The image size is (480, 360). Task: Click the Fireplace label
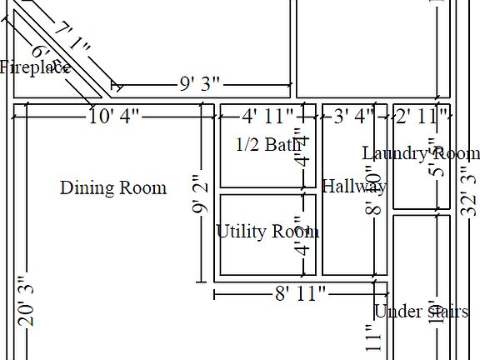pyautogui.click(x=33, y=68)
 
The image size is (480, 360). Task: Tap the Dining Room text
pyautogui.click(x=112, y=188)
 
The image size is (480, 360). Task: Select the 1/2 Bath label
pyautogui.click(x=267, y=145)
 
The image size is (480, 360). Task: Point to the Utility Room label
pyautogui.click(x=267, y=232)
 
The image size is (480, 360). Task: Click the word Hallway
pyautogui.click(x=353, y=186)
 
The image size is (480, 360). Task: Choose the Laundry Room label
pyautogui.click(x=421, y=153)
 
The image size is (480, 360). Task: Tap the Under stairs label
pyautogui.click(x=421, y=312)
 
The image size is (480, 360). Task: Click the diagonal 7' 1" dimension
pyautogui.click(x=72, y=41)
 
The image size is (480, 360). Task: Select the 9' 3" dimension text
pyautogui.click(x=200, y=84)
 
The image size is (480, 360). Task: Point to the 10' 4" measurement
pyautogui.click(x=114, y=117)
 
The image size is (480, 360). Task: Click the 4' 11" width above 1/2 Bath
pyautogui.click(x=267, y=117)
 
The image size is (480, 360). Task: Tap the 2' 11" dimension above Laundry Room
pyautogui.click(x=422, y=117)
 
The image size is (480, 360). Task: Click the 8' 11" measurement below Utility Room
pyautogui.click(x=300, y=293)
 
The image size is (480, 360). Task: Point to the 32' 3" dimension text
pyautogui.click(x=469, y=192)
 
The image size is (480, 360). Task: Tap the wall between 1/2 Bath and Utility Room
pyautogui.click(x=267, y=191)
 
